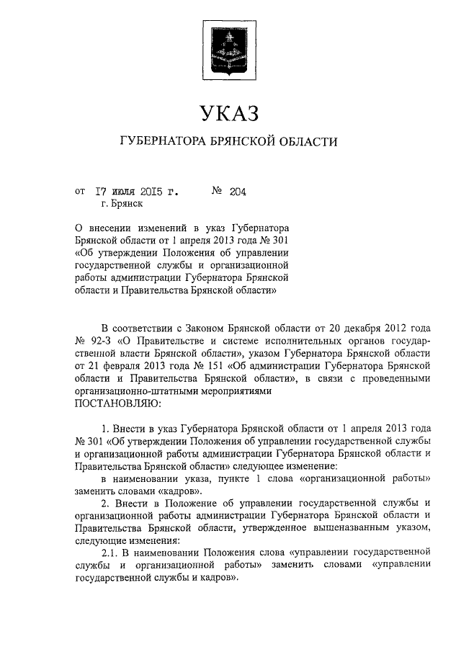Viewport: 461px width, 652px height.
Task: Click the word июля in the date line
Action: click(x=119, y=192)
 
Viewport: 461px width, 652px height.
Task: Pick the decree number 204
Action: click(x=238, y=192)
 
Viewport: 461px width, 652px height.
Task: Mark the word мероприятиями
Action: click(x=234, y=391)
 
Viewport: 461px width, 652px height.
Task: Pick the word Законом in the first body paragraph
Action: click(x=189, y=327)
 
